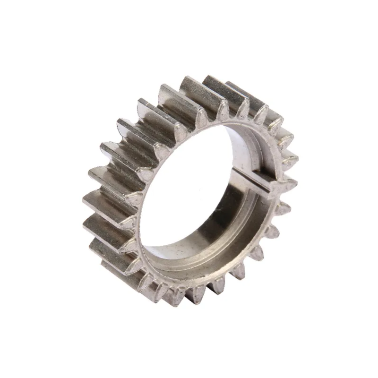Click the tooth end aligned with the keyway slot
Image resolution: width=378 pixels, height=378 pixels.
tap(289, 181)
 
